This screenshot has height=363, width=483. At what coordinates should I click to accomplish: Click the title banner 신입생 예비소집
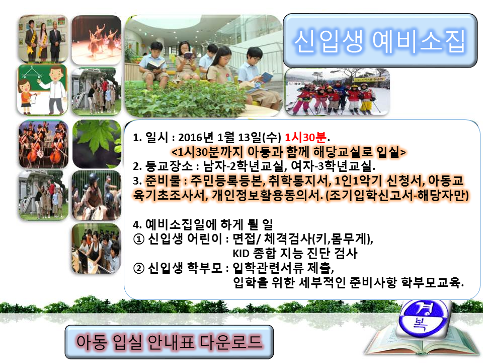point(380,41)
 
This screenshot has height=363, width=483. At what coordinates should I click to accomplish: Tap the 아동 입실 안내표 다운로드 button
point(169,342)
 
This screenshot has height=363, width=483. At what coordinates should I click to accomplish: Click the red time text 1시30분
point(306,137)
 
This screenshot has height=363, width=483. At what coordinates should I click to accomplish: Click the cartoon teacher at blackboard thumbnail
point(43,89)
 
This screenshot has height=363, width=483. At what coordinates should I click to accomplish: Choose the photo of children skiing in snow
point(337,91)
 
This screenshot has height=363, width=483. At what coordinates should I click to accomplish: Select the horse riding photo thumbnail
point(97,195)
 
